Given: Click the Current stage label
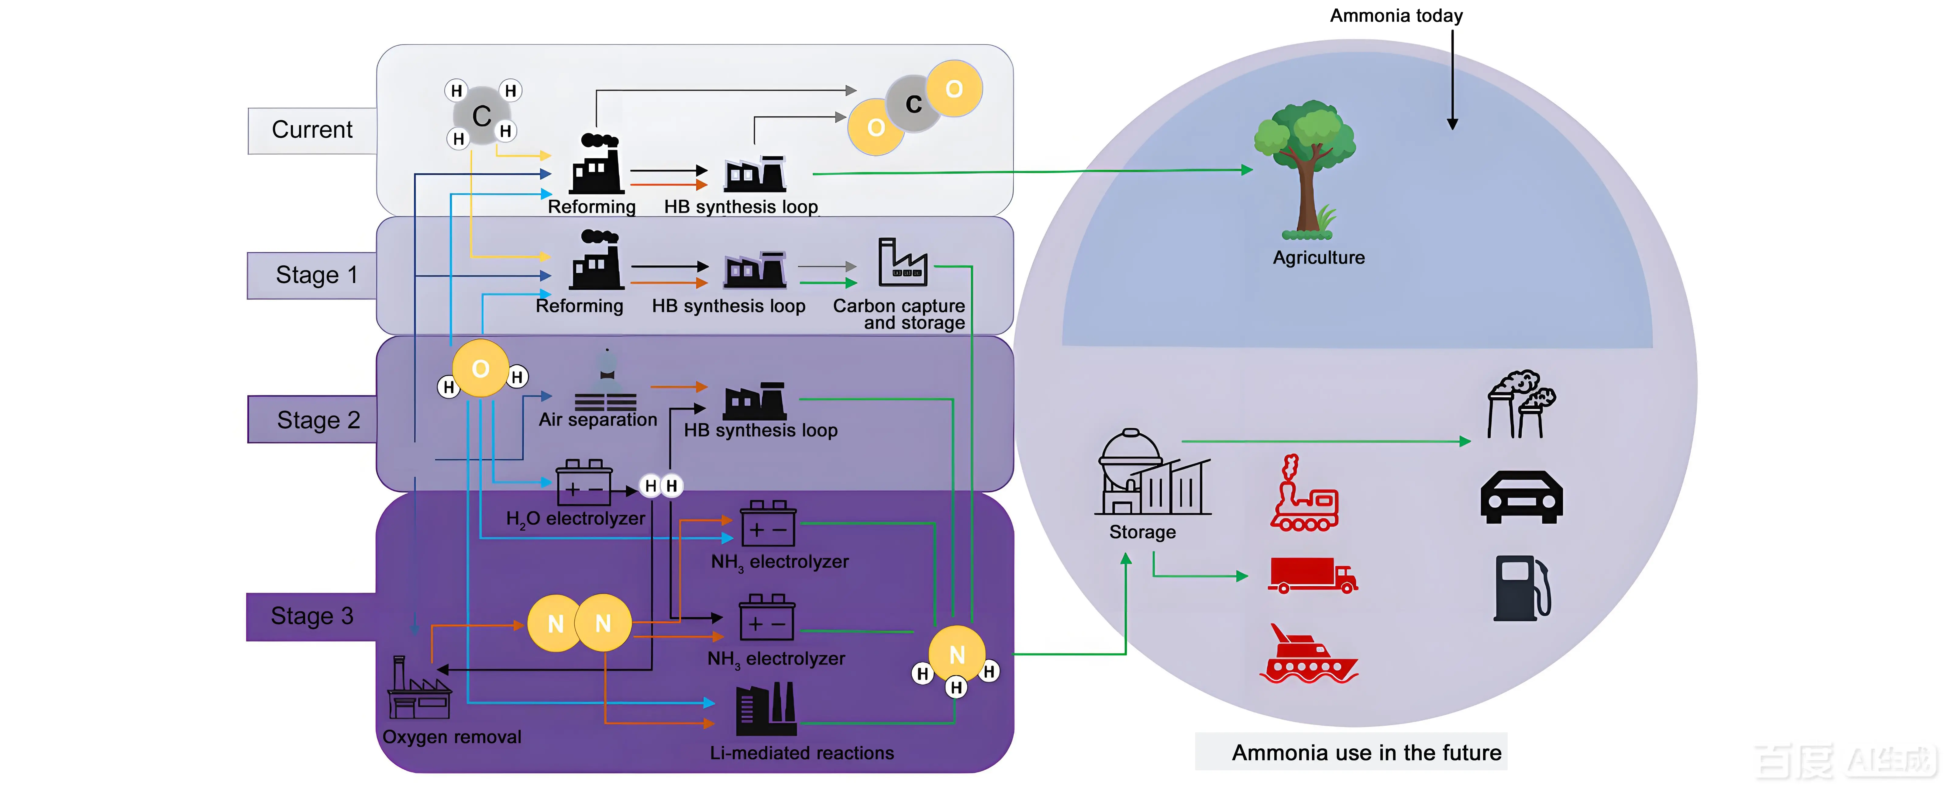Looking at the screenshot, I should tap(312, 130).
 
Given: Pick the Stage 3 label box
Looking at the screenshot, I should tap(312, 616).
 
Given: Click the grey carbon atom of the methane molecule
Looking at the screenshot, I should tap(481, 116).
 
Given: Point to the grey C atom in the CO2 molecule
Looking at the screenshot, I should tap(914, 104).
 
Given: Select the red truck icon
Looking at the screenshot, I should tap(1312, 575).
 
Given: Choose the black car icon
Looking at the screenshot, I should tap(1521, 497).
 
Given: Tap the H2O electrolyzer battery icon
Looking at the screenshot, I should tap(583, 483).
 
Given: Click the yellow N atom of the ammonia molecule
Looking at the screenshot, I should tap(957, 654).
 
